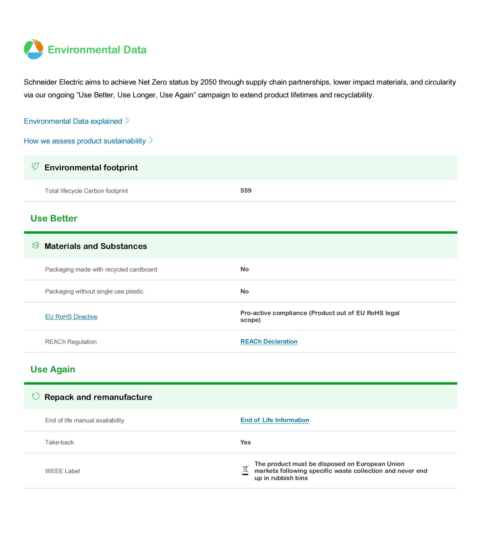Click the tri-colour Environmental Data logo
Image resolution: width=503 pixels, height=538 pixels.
[33, 49]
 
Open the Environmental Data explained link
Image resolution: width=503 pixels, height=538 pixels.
[73, 121]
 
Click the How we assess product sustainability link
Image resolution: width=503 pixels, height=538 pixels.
[85, 141]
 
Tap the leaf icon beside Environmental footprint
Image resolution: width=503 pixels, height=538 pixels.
[35, 167]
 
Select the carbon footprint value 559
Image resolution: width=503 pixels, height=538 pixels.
[246, 190]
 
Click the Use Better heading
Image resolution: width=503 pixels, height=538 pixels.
[54, 218]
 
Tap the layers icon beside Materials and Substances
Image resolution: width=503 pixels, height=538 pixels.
[35, 246]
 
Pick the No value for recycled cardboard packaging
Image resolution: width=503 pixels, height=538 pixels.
[244, 269]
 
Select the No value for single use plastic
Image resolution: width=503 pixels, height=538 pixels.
[244, 291]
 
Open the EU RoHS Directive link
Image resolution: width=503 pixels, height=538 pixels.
[71, 317]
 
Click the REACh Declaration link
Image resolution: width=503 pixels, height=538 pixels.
[269, 341]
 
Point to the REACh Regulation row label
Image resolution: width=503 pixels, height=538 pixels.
[71, 342]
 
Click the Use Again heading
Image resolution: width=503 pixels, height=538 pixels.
[53, 369]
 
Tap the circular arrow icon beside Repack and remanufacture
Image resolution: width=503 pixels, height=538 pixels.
[36, 396]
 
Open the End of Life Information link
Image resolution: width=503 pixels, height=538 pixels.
[275, 420]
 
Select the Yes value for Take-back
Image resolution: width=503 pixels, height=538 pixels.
[245, 442]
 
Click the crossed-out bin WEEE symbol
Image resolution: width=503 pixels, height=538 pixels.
[245, 470]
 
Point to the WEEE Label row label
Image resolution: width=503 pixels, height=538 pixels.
[62, 471]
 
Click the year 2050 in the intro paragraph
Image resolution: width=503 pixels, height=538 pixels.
[208, 82]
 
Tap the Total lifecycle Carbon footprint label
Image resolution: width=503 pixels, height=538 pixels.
[86, 191]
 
